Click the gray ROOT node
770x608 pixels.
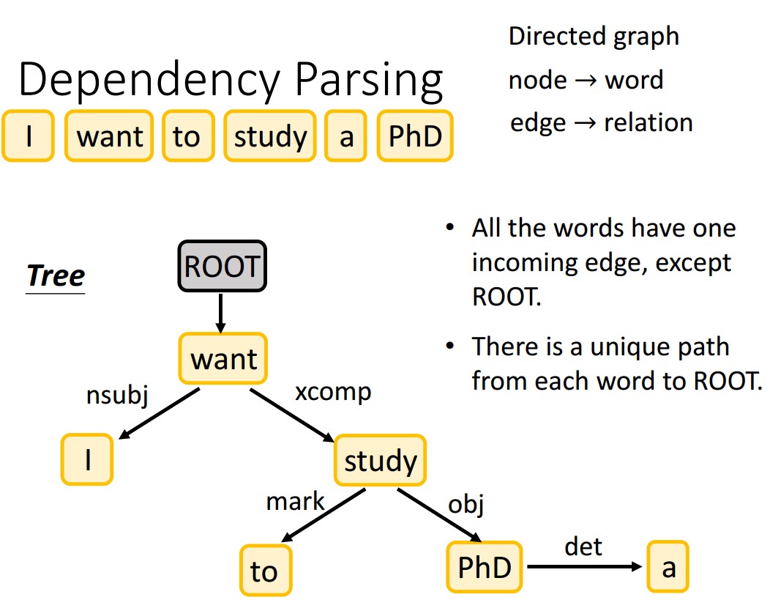tap(223, 267)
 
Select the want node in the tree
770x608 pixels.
tap(223, 360)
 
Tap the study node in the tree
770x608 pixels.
tap(380, 461)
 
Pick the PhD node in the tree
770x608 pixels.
tap(485, 567)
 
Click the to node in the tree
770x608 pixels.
tap(265, 571)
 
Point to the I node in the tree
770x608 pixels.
tap(87, 460)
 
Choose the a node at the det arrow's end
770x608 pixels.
tap(668, 567)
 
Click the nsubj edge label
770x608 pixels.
tap(117, 396)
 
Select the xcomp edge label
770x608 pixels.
tap(332, 392)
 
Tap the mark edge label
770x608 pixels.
tap(295, 502)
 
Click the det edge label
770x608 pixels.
tap(583, 546)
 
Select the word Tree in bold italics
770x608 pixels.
tap(56, 276)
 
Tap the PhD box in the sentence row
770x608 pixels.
tap(415, 136)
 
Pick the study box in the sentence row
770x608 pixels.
tap(270, 136)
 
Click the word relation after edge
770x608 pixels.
tap(648, 122)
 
